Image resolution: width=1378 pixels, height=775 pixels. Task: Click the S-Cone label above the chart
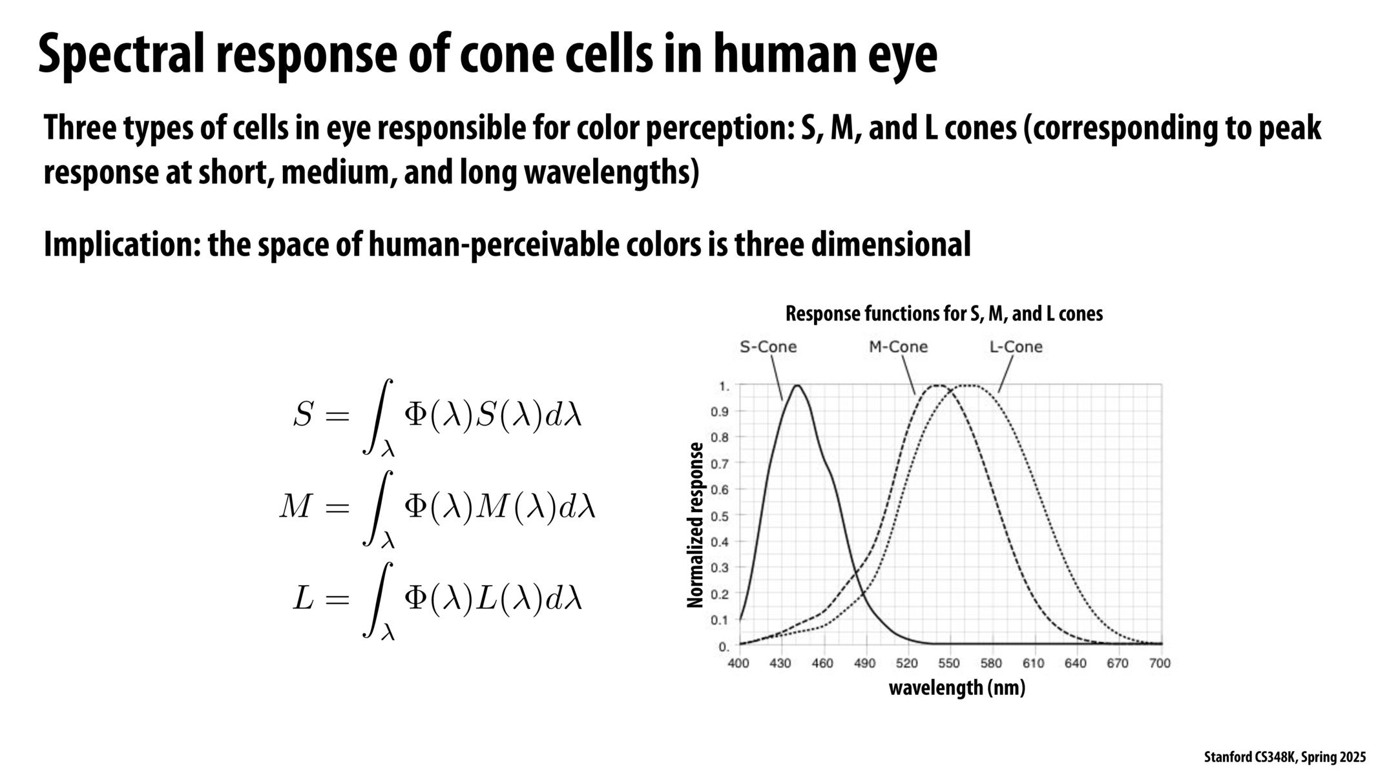[767, 347]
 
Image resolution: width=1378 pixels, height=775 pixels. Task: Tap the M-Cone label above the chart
[898, 347]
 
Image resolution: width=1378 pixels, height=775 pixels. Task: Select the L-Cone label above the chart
[1016, 347]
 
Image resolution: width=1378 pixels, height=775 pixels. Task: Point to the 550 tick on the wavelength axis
[949, 663]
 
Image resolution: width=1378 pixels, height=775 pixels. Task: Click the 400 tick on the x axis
[738, 663]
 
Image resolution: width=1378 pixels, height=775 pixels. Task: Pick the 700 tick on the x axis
[1160, 663]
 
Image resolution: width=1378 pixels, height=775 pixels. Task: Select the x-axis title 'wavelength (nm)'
[957, 687]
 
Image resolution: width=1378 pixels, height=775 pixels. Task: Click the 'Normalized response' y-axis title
[695, 524]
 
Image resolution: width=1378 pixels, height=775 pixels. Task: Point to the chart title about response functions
[944, 314]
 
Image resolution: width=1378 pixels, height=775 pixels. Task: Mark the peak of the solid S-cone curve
[797, 386]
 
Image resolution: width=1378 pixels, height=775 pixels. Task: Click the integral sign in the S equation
[378, 417]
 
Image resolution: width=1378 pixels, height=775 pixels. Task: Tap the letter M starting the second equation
[295, 508]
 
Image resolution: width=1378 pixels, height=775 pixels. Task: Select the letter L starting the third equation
[303, 599]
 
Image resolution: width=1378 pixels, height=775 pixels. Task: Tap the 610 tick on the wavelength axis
[1034, 663]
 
